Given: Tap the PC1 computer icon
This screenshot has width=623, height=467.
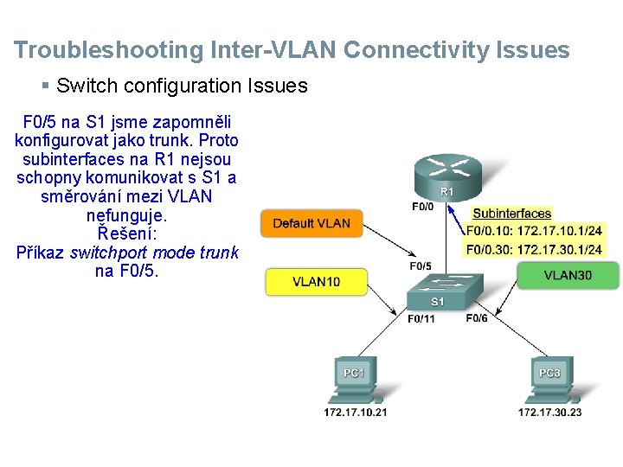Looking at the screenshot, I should (355, 380).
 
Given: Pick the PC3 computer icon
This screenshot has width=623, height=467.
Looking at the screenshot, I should (549, 380).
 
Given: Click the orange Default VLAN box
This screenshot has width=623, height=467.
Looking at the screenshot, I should (311, 223).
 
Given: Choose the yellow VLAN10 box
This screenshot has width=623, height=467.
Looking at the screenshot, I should (316, 281).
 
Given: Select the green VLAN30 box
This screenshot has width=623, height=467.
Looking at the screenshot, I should (568, 275).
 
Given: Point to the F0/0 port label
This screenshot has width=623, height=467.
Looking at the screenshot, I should (422, 207).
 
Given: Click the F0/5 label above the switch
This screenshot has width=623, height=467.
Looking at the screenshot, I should (421, 265).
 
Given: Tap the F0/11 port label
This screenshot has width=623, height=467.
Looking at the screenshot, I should (421, 318).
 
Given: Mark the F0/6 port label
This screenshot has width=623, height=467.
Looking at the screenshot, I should (477, 318).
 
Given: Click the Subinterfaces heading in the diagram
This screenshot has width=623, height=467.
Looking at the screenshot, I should (511, 214).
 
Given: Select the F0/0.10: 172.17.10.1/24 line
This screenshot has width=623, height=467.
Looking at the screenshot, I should (534, 231).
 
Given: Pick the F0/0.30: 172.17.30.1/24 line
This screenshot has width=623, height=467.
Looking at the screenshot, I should (534, 249).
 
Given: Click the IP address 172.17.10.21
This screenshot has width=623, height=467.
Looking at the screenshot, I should (356, 413).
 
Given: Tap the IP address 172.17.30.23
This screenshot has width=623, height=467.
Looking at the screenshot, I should (550, 413).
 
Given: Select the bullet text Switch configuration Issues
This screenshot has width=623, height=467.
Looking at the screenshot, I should (181, 86).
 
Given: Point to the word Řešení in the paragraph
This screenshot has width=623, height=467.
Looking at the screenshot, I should (126, 233).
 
